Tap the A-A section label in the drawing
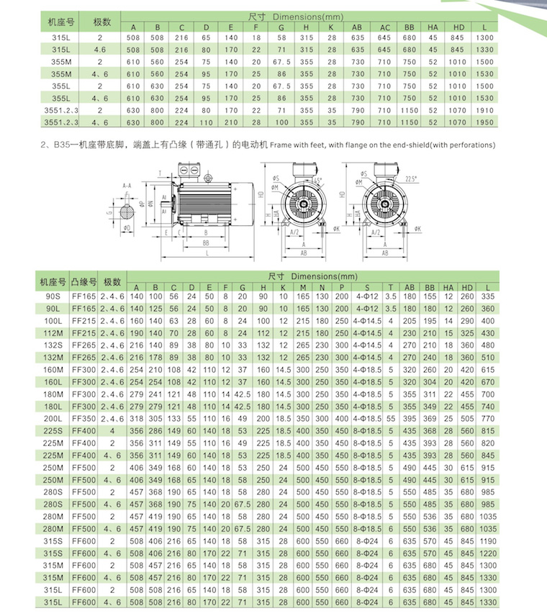pos(127,184)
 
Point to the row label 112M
pos(53,333)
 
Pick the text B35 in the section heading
pos(60,145)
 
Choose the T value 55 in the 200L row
pos(391,419)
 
